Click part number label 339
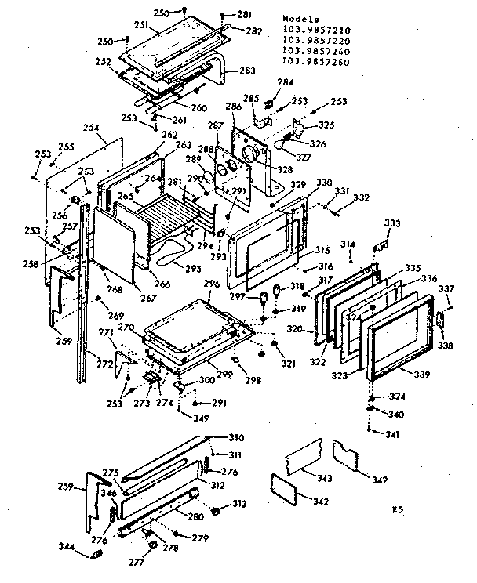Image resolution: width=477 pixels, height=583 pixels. (422, 374)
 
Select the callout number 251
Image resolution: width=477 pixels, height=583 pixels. (140, 25)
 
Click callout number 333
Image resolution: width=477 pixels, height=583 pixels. (391, 223)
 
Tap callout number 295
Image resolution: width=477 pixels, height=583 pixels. (213, 270)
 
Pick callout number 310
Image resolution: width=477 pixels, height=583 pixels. (236, 437)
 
